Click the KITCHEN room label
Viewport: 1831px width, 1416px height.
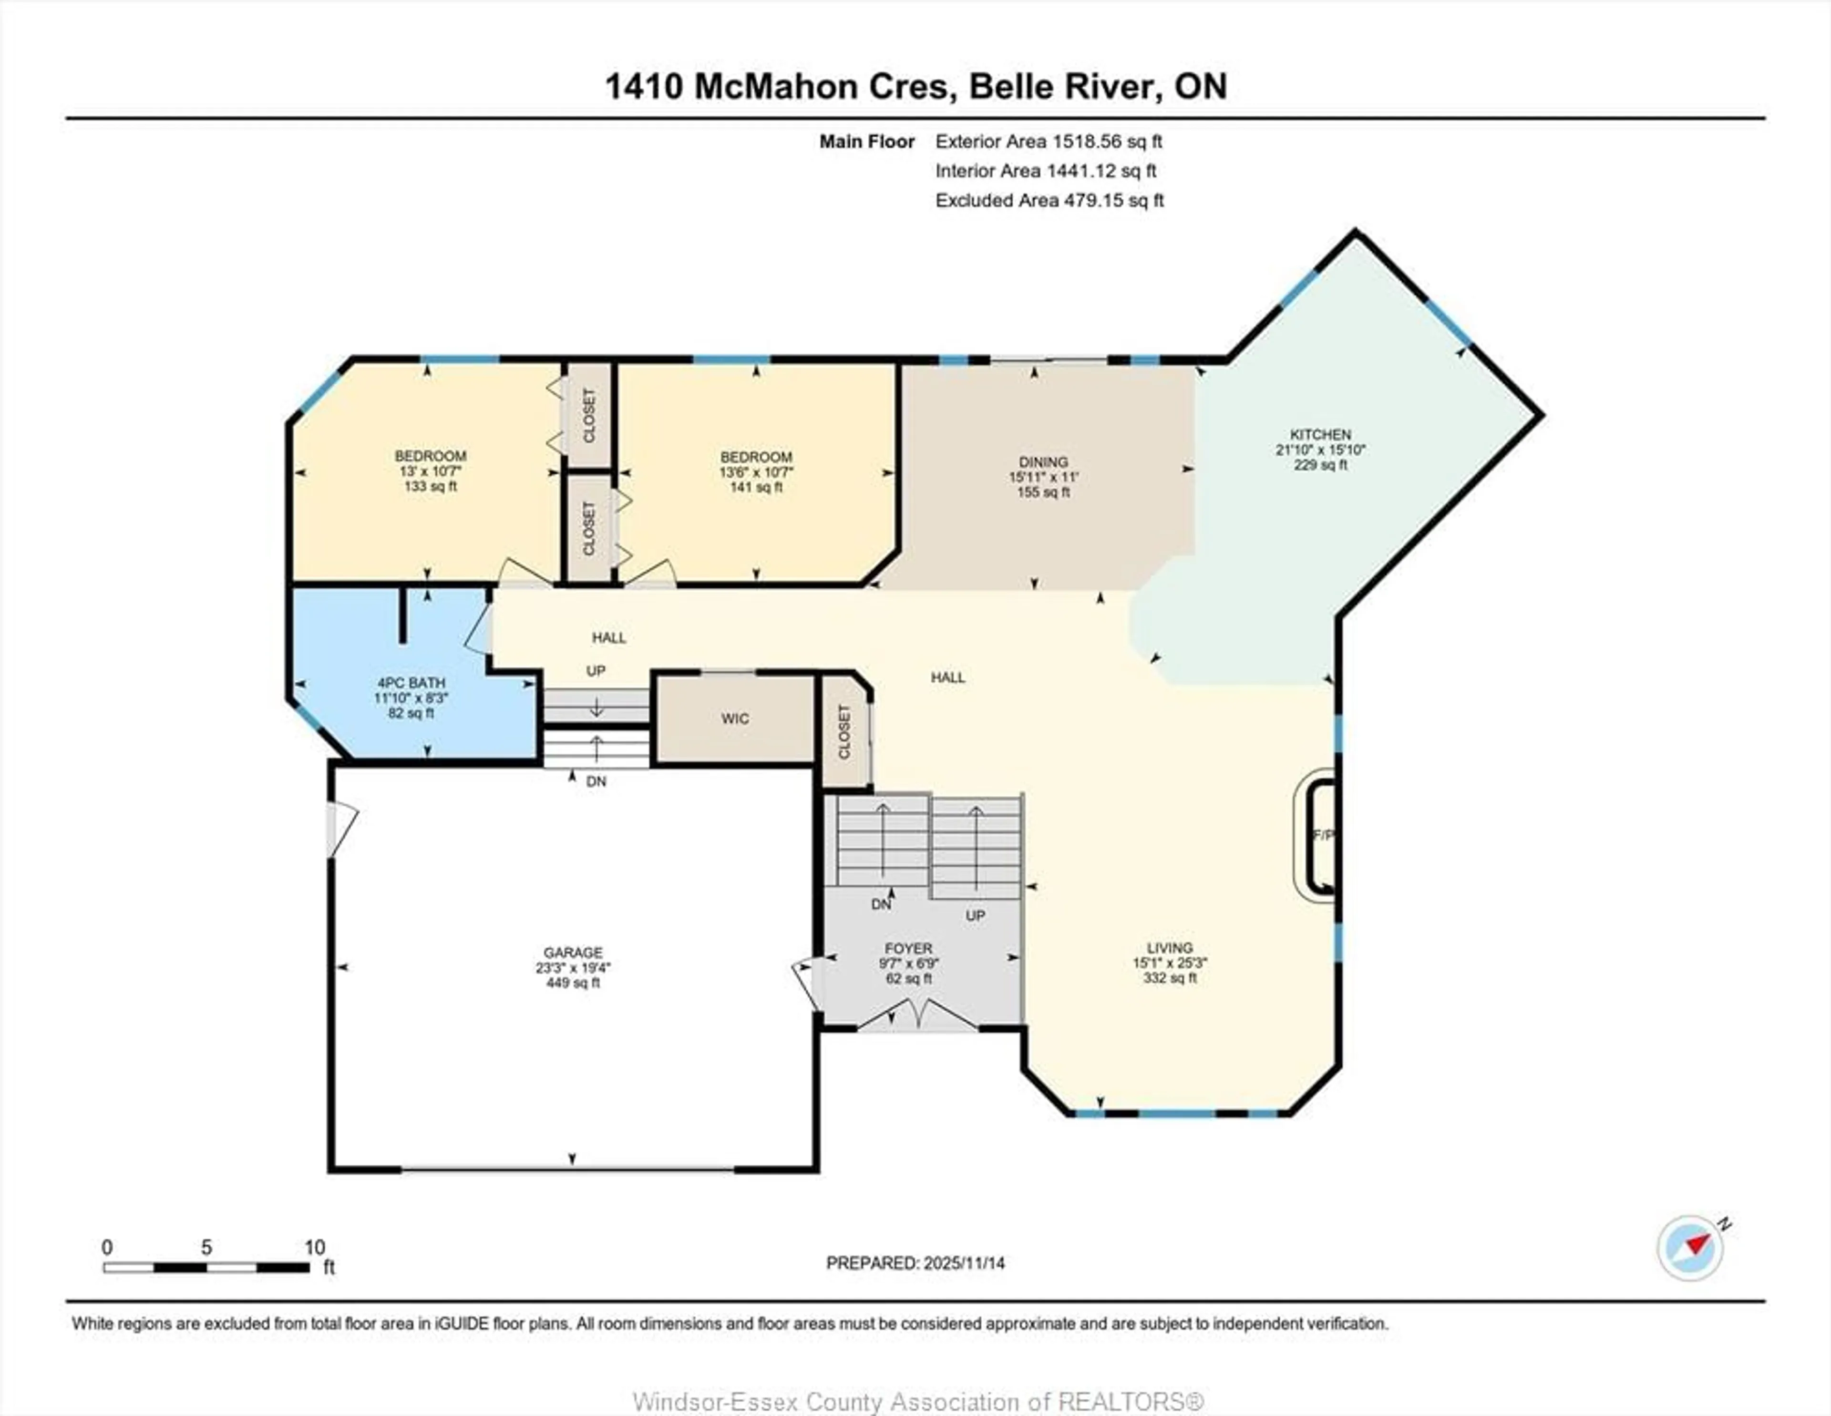click(1320, 434)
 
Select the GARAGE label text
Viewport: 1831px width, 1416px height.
click(573, 953)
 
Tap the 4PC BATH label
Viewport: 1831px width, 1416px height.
click(411, 682)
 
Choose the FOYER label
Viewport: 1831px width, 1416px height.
click(908, 948)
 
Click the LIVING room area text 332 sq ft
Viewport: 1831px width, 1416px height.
click(1170, 977)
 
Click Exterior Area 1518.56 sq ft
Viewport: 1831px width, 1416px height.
click(1048, 142)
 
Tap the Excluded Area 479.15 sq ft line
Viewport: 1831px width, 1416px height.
click(1049, 200)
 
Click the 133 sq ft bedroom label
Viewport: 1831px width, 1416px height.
click(430, 486)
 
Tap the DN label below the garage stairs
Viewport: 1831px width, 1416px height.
click(596, 781)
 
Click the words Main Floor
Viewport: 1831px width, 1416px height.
click(866, 142)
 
